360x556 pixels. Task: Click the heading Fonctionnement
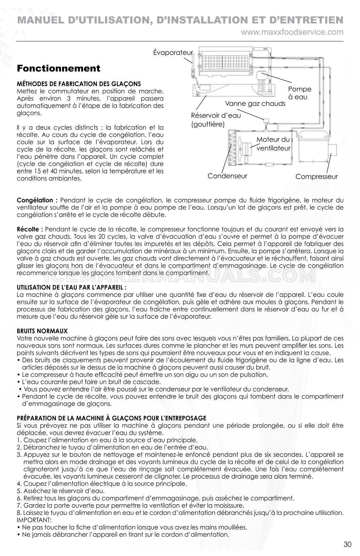click(59, 68)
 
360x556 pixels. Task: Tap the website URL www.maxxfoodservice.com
click(292, 32)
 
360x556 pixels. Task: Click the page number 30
click(347, 544)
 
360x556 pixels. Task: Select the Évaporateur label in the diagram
click(173, 52)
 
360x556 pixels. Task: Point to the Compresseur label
click(316, 177)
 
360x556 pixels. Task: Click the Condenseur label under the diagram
click(227, 176)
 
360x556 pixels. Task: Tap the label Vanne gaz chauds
click(255, 104)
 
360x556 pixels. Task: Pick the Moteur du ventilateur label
click(273, 144)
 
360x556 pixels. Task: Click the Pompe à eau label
click(300, 93)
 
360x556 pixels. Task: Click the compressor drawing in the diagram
click(314, 148)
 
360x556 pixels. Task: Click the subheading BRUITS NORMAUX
click(42, 331)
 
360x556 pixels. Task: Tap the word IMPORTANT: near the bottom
click(34, 520)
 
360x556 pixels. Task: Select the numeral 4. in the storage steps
click(19, 483)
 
